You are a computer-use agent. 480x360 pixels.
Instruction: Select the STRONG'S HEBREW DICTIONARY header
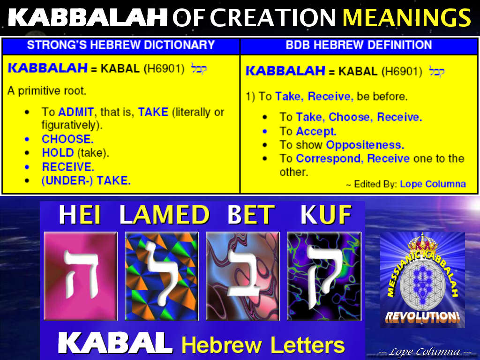[x=120, y=45]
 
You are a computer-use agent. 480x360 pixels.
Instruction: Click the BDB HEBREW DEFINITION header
[x=359, y=45]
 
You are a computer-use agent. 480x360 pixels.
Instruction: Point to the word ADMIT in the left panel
[x=75, y=112]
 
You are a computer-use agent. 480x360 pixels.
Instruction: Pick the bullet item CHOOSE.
[x=67, y=139]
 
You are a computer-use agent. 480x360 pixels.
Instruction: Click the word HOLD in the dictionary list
[x=58, y=153]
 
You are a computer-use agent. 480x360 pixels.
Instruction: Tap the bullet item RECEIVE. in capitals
[x=68, y=167]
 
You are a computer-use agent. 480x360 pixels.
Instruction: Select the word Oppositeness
[x=365, y=145]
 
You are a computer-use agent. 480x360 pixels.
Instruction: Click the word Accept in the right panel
[x=316, y=131]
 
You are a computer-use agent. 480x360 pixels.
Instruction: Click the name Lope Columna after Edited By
[x=433, y=184]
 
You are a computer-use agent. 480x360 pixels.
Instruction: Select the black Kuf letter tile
[x=324, y=276]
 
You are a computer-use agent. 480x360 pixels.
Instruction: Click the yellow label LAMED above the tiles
[x=164, y=215]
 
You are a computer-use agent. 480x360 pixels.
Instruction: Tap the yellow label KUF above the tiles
[x=326, y=215]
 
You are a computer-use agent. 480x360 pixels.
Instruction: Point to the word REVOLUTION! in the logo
[x=422, y=316]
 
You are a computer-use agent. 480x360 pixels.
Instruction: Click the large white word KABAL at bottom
[x=115, y=344]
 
